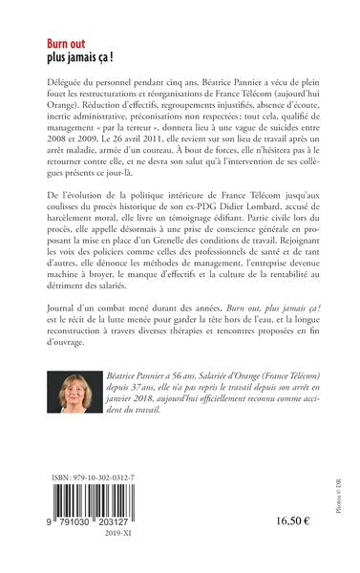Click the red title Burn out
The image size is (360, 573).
pos(65,43)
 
